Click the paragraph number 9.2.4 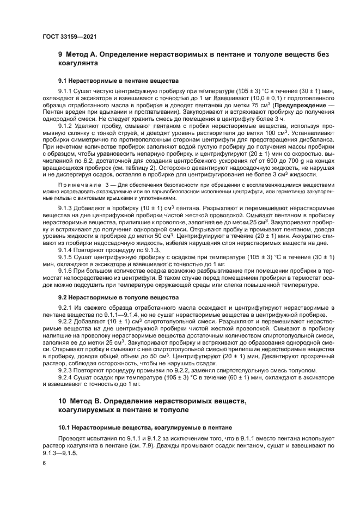(x=66, y=377)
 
